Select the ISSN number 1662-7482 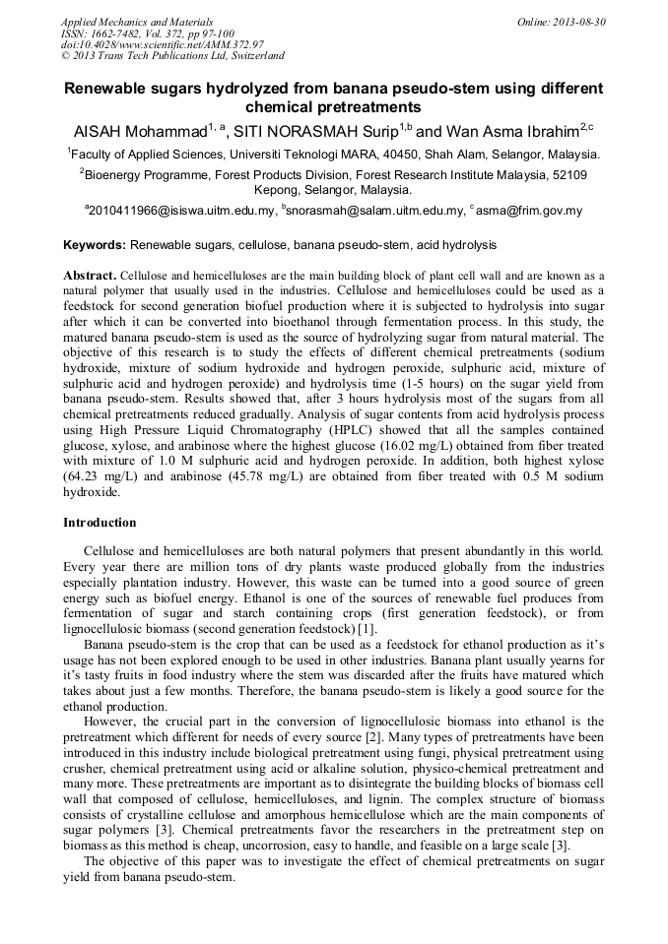pos(120,32)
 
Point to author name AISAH pos(101,131)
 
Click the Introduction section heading pos(100,523)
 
